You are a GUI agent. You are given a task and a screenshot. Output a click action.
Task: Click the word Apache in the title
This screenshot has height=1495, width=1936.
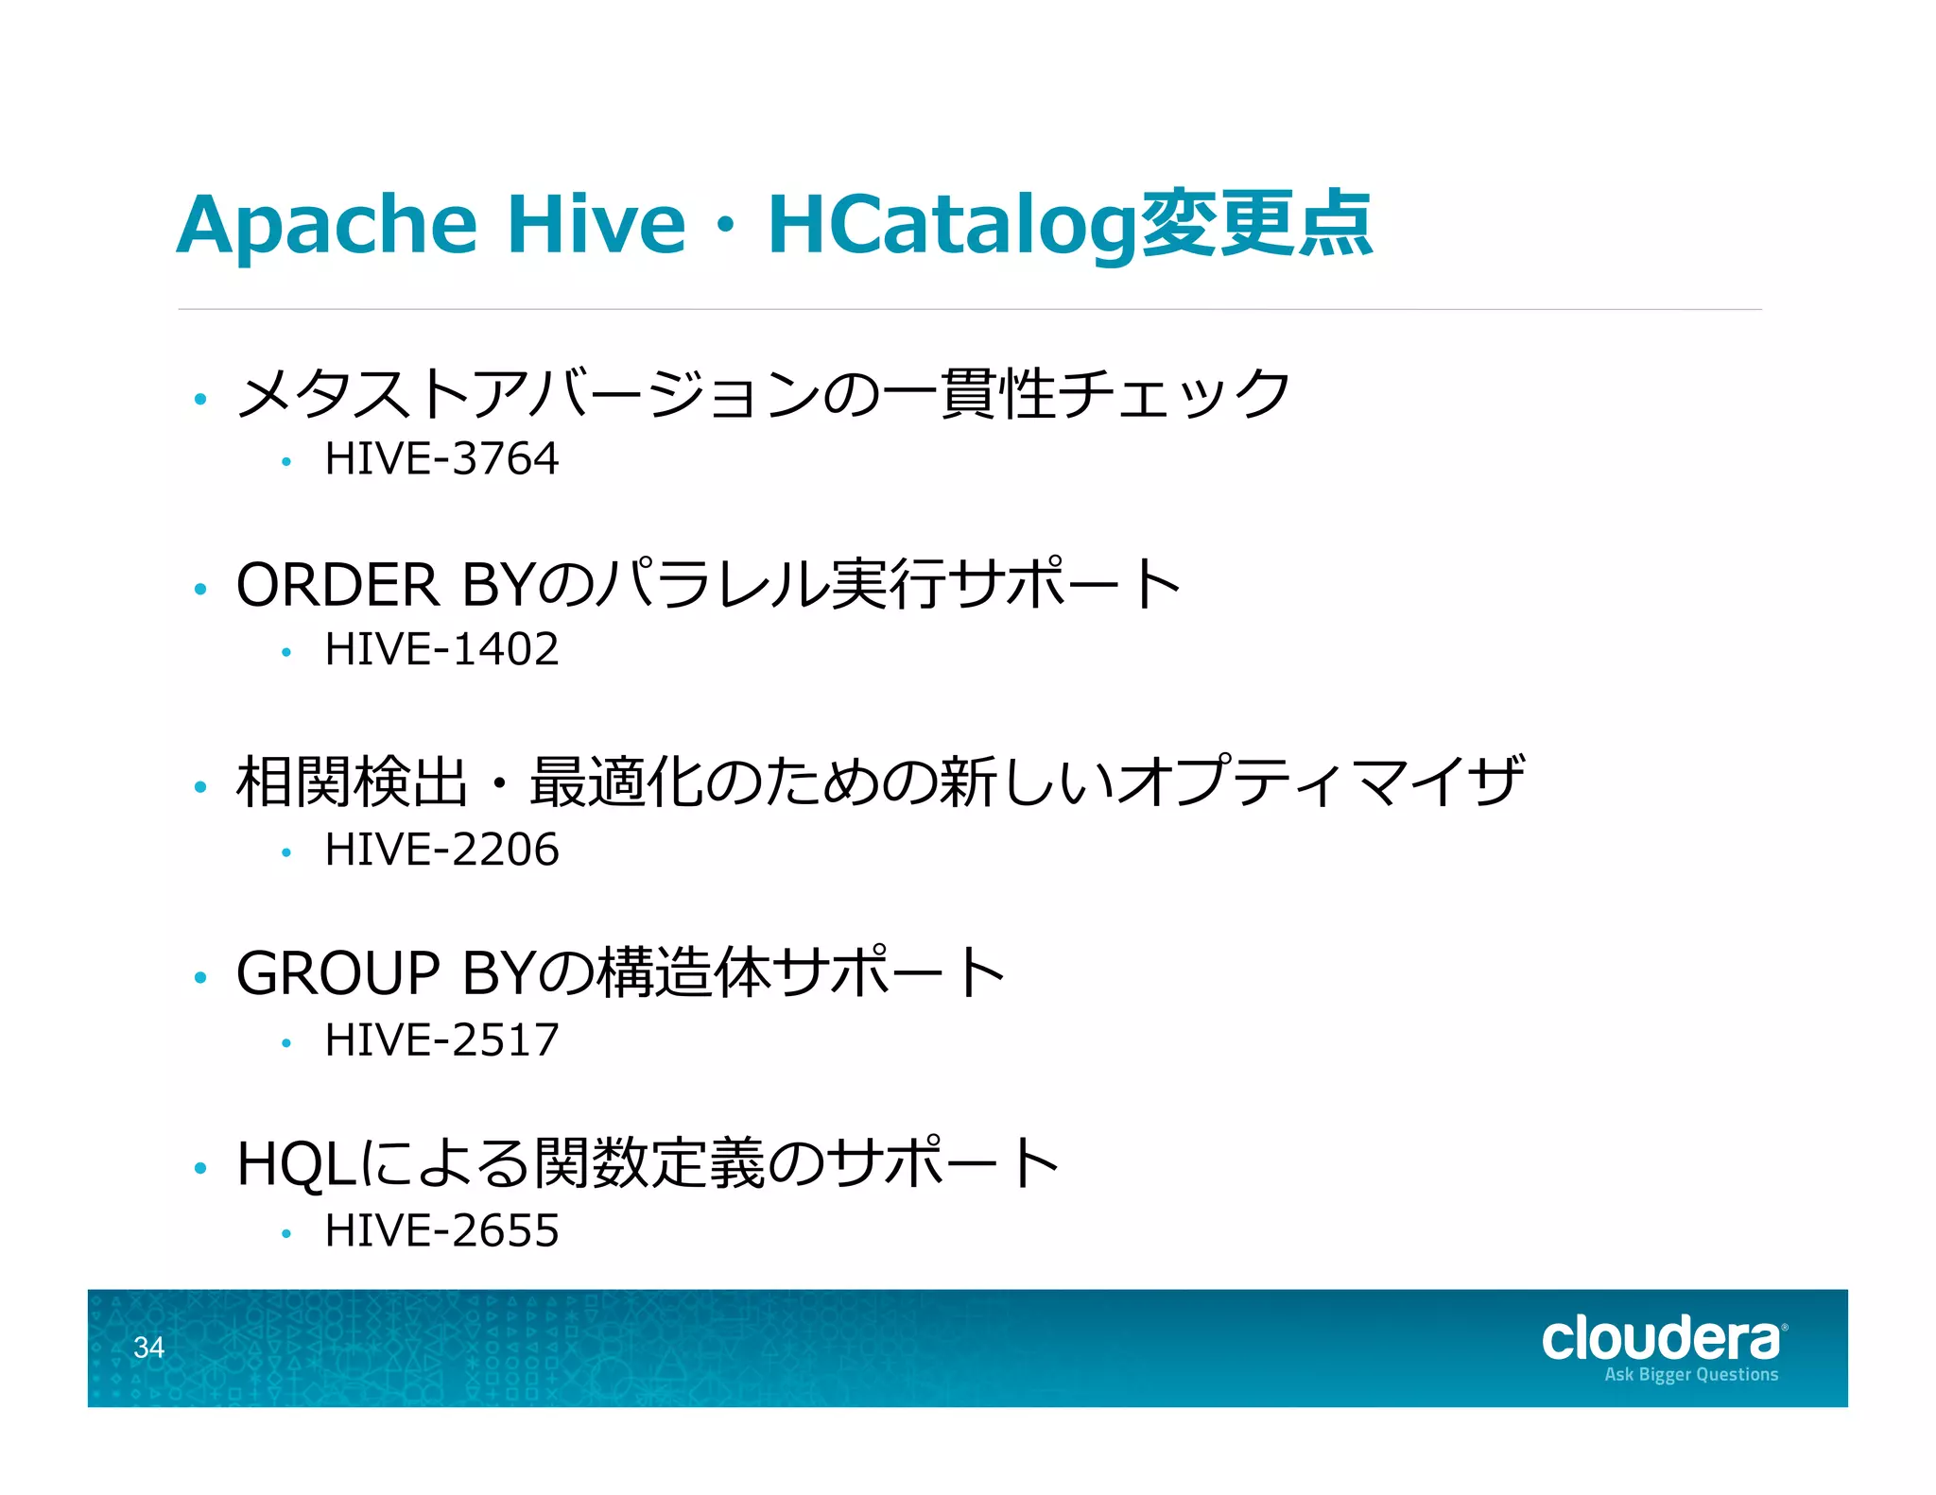click(x=326, y=225)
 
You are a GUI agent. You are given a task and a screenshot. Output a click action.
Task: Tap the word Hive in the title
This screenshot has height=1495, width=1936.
click(x=596, y=225)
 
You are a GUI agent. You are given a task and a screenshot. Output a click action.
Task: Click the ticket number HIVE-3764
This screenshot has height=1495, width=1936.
click(x=441, y=459)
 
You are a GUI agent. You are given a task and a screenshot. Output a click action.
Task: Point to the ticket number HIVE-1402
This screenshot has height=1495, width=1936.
click(x=441, y=650)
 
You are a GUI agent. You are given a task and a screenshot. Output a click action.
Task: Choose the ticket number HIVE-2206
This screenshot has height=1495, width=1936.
click(x=441, y=850)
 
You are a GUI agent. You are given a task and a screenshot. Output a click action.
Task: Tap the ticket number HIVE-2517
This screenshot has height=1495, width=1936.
click(x=441, y=1040)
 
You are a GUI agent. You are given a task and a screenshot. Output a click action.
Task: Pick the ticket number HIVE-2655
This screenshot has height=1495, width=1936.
click(x=441, y=1231)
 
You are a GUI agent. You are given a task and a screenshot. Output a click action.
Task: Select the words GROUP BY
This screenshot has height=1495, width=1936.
click(x=386, y=973)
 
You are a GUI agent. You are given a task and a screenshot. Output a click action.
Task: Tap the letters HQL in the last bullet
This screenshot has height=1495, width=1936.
click(x=296, y=1164)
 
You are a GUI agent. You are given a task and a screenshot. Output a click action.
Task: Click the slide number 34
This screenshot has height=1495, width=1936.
click(x=148, y=1348)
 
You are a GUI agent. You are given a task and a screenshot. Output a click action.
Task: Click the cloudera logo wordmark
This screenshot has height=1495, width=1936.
click(x=1662, y=1339)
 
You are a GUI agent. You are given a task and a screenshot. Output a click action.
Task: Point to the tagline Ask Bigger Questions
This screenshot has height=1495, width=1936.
click(x=1691, y=1375)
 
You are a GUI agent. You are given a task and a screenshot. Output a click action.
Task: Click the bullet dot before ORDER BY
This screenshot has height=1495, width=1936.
click(x=199, y=590)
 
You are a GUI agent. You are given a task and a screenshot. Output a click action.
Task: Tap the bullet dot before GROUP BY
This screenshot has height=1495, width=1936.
click(x=199, y=978)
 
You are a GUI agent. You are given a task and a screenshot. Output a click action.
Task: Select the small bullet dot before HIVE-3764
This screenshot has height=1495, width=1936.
click(x=285, y=462)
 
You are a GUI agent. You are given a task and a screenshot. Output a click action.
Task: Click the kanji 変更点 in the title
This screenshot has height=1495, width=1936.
click(x=1257, y=225)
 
